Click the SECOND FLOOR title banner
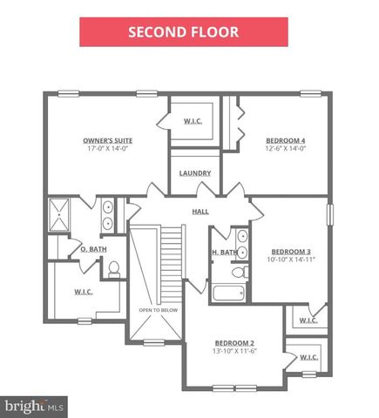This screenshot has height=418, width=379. click(x=184, y=32)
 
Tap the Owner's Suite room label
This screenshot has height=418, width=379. click(x=108, y=140)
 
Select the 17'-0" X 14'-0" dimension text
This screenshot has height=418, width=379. click(x=108, y=148)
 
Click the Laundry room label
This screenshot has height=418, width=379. click(x=195, y=173)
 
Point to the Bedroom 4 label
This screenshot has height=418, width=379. click(x=286, y=140)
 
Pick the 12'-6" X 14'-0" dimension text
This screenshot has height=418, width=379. click(x=286, y=148)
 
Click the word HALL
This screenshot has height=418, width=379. click(x=200, y=212)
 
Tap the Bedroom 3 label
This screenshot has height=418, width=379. click(x=291, y=252)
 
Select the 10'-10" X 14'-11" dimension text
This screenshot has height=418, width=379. click(x=291, y=260)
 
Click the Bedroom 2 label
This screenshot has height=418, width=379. click(x=234, y=343)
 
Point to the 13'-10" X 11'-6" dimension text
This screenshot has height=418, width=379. click(x=234, y=351)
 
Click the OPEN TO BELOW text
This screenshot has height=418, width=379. click(x=159, y=310)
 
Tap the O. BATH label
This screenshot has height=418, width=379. click(x=93, y=249)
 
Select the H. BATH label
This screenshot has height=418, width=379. click(x=225, y=253)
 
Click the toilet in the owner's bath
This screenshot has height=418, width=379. click(x=114, y=270)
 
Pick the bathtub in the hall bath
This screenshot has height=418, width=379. click(x=228, y=293)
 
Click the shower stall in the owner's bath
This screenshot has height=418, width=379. click(x=59, y=215)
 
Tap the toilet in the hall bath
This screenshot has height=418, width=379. click(x=240, y=272)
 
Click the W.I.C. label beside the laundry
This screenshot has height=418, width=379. click(x=193, y=121)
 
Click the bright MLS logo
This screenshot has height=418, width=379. click(x=34, y=407)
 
